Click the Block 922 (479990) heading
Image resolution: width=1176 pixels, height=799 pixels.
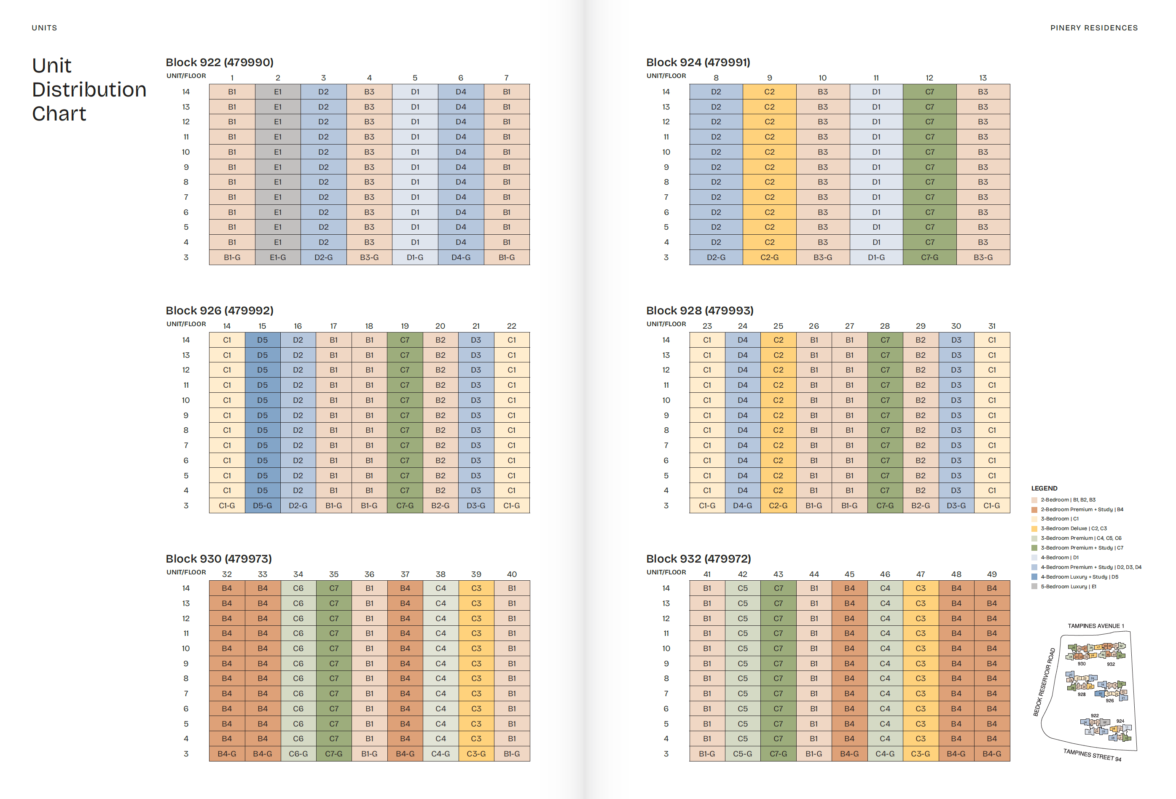point(219,62)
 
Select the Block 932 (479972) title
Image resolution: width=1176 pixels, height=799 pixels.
point(698,559)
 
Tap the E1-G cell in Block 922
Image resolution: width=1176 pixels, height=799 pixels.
point(278,257)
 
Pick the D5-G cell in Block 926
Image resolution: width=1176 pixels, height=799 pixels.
point(262,506)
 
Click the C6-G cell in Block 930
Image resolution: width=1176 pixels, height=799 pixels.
point(298,753)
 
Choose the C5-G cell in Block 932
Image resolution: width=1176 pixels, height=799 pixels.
point(742,753)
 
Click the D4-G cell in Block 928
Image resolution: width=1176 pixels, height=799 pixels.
point(742,506)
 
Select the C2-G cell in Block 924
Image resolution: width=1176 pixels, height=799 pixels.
point(769,257)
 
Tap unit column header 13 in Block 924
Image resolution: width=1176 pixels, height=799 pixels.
point(983,78)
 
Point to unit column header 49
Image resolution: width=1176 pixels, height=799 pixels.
point(991,574)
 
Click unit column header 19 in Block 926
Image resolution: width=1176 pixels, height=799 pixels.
point(405,326)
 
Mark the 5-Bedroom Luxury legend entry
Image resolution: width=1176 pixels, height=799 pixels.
point(1068,587)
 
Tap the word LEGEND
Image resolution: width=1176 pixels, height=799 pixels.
point(1044,488)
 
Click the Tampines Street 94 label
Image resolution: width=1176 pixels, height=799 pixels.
point(1092,755)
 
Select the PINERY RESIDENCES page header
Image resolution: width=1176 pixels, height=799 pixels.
point(1093,28)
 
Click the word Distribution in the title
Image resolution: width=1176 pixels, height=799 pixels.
point(89,90)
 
